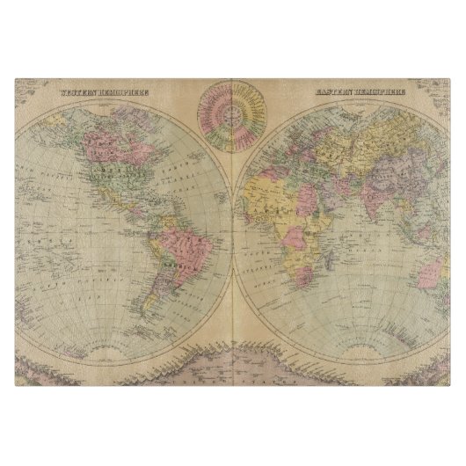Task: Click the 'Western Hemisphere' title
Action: (x=105, y=91)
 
